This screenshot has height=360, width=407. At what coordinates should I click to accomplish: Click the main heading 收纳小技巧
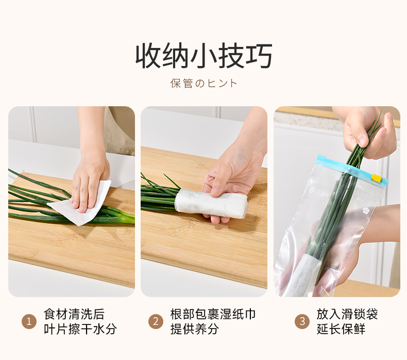pos(204,56)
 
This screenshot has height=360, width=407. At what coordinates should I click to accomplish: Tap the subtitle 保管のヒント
pos(204,84)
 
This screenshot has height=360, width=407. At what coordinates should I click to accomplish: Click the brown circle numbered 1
pos(29,321)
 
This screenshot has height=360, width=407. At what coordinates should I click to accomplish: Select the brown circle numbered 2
pos(156,321)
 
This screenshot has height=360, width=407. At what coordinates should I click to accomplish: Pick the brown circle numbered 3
pos(302,321)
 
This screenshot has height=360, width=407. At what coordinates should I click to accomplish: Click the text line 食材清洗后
pos(74,314)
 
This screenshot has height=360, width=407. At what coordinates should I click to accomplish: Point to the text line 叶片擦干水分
pos(80,329)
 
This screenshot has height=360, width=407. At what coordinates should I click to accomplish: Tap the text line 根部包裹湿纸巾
pos(213,314)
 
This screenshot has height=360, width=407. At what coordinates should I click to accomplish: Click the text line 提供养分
pos(195,329)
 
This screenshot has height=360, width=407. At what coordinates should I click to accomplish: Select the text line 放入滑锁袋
pos(347,314)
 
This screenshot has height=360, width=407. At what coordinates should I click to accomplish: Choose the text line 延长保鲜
pos(341,329)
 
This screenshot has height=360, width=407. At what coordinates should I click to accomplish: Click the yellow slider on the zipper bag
pos(376,178)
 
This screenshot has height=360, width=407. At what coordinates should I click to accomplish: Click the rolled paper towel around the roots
pos(211,204)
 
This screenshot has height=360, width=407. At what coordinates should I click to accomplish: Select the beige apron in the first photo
pos(120,130)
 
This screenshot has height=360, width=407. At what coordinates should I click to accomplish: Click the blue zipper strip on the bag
pos(352,169)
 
